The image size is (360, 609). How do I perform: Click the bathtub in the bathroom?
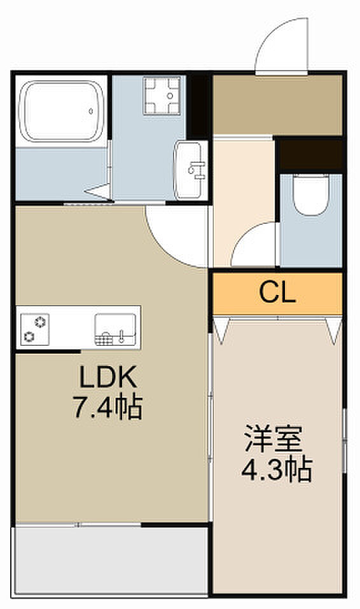62,111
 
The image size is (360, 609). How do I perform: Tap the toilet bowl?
310,195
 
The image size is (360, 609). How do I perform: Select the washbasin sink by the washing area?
190,170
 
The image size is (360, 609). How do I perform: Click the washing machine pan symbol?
162,96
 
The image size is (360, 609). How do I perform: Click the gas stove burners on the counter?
35,329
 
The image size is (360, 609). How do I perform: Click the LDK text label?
108,377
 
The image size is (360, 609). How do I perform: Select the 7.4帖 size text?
108,407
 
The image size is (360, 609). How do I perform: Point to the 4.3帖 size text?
277,469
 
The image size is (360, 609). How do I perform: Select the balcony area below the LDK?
111,561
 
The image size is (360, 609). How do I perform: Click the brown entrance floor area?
277,104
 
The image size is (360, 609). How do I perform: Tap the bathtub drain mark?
90,111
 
